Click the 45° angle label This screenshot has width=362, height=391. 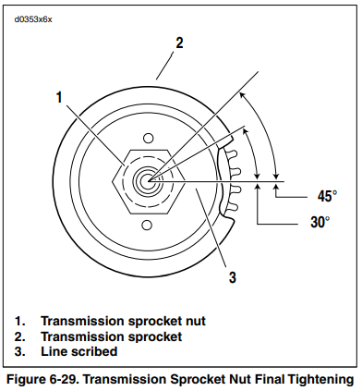327,196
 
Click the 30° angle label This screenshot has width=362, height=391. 320,222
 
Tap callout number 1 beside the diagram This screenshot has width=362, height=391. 59,97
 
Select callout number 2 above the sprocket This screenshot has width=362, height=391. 179,43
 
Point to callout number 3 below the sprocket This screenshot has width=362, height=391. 233,277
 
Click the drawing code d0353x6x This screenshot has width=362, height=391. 33,19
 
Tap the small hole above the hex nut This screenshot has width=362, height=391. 149,138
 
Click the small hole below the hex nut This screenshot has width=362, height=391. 148,225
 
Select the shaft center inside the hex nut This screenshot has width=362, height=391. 149,181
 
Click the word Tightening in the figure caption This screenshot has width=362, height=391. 321,380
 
